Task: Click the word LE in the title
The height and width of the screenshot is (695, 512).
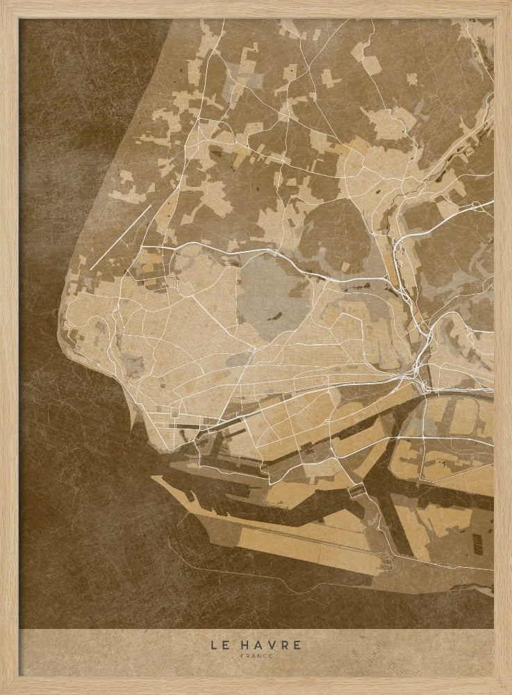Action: (219, 645)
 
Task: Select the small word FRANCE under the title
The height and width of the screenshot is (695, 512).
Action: (256, 655)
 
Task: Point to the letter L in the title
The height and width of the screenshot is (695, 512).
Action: (214, 645)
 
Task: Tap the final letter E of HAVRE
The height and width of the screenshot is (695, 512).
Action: (298, 645)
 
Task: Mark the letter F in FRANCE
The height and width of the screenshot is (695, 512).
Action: (242, 655)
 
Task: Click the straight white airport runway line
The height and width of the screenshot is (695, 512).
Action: (120, 236)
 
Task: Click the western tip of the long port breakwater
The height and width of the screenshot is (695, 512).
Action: (154, 478)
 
